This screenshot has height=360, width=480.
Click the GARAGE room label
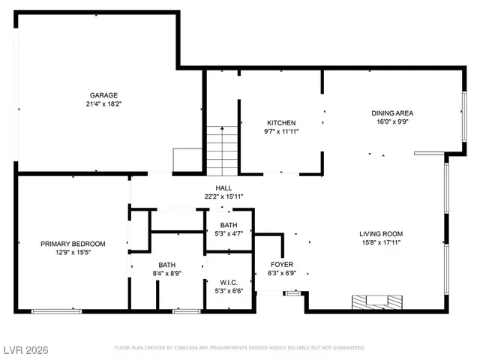pyautogui.click(x=104, y=95)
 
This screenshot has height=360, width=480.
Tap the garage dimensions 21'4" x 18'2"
pyautogui.click(x=104, y=104)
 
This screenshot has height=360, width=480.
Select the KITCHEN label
pyautogui.click(x=281, y=123)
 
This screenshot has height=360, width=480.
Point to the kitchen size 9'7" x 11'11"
pyautogui.click(x=281, y=132)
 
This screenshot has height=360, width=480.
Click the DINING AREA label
pyautogui.click(x=392, y=113)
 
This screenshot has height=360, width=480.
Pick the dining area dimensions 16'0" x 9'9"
pyautogui.click(x=392, y=122)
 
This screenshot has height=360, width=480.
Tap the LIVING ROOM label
pyautogui.click(x=381, y=233)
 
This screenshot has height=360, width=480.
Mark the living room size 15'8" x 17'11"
pyautogui.click(x=381, y=242)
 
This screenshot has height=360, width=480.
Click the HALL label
pyautogui.click(x=223, y=188)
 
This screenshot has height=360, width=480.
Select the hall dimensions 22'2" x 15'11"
pyautogui.click(x=223, y=197)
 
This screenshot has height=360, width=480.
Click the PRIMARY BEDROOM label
pyautogui.click(x=73, y=244)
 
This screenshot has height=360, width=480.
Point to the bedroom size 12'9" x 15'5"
pyautogui.click(x=73, y=253)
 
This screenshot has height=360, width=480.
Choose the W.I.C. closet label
pyautogui.click(x=229, y=283)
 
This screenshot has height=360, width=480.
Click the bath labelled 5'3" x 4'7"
pyautogui.click(x=229, y=229)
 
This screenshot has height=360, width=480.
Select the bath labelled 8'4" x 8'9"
pyautogui.click(x=166, y=269)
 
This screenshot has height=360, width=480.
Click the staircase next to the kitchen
pyautogui.click(x=222, y=151)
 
